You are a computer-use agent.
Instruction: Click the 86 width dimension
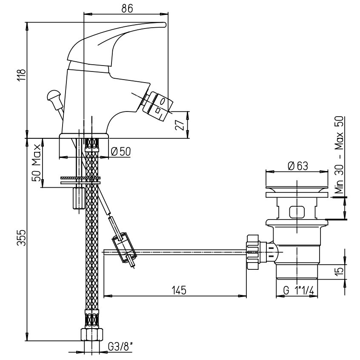(127, 9)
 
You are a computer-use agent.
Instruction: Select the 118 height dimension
(21, 75)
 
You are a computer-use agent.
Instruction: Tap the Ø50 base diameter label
(121, 151)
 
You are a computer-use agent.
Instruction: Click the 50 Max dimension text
(37, 163)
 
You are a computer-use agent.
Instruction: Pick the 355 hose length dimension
(21, 237)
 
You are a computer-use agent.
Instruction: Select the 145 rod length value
(179, 290)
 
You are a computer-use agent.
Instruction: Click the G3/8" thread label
(120, 347)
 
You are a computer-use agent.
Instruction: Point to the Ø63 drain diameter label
(298, 166)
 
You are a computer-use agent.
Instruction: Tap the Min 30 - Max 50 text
(339, 155)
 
